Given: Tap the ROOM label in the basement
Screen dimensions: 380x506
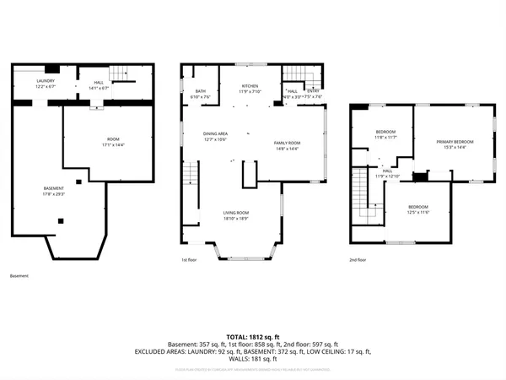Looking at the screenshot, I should click(113, 141).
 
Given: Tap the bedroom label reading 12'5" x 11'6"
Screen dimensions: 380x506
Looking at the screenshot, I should click(418, 209).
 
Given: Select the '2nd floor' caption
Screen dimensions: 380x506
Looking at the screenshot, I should click(358, 260).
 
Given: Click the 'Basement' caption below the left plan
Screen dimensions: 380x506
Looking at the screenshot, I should click(19, 276).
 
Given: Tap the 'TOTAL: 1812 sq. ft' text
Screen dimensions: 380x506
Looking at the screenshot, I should click(252, 336).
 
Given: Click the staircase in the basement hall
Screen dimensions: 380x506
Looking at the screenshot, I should click(123, 73).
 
